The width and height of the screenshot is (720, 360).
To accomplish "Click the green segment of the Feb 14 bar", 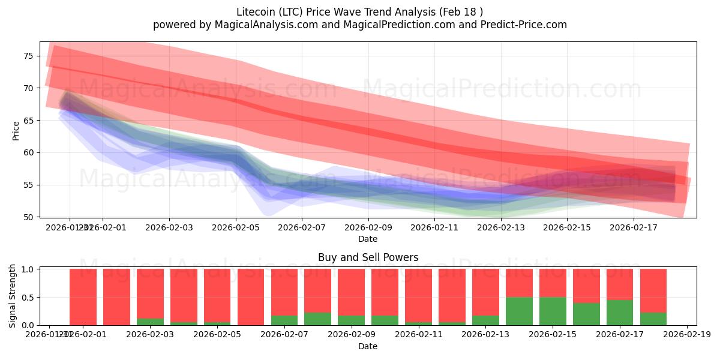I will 519,311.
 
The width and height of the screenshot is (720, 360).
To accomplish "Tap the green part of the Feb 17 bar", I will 620,312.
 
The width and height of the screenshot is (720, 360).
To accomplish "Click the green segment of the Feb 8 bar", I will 317,319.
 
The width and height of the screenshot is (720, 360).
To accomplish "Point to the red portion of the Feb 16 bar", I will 586,286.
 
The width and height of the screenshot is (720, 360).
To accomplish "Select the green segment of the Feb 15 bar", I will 553,311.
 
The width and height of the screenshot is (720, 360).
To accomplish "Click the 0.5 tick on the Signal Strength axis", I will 29,298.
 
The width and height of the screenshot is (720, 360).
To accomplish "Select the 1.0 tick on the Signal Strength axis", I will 29,269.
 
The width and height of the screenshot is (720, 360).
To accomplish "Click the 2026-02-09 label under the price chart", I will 368,228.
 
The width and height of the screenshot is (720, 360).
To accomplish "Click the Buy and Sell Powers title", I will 368,257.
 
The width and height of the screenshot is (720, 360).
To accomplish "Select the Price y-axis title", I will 16,130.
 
